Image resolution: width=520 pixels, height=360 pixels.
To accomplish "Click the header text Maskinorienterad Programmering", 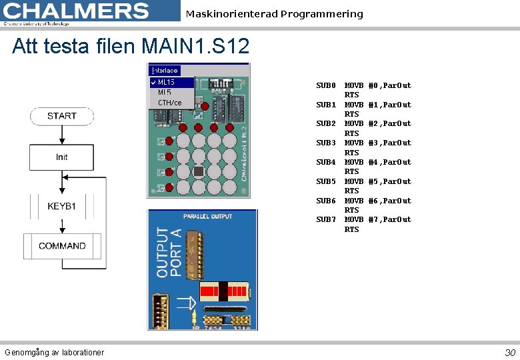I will pos(275,14).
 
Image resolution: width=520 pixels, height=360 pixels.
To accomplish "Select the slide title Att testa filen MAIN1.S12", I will pos(131,47).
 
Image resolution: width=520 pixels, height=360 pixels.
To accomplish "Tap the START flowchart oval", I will pos(62,116).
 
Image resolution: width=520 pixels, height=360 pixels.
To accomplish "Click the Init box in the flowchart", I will pos(62,157).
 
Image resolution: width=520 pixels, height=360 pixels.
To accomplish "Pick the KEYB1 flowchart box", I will pos(62,206).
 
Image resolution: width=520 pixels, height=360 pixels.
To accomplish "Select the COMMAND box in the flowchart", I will pos(62,246).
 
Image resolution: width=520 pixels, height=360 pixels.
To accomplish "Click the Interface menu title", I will pos(165,70).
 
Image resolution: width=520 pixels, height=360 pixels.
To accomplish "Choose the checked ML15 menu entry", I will pos(167,83).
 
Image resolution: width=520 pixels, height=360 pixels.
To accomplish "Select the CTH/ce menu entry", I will pos(169,103).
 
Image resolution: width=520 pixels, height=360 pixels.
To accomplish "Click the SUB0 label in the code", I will pos(325,85).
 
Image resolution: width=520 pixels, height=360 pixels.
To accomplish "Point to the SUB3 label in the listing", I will pos(325,143).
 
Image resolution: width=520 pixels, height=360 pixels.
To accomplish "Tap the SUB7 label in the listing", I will pos(325,219).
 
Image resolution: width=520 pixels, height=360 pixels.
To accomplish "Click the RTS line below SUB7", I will pos(351,229).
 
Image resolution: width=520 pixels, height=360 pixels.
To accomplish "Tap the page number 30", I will pos(510,352).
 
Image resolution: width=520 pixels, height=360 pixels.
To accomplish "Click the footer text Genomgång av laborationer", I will pos(54,352).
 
